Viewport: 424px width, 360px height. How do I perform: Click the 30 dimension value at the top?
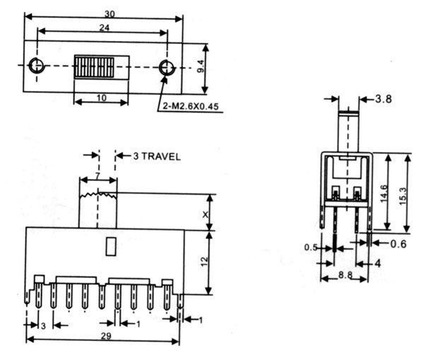110,14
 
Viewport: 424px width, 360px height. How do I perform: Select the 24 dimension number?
105,28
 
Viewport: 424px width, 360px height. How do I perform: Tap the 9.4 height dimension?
201,66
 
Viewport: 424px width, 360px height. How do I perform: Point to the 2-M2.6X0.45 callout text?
190,106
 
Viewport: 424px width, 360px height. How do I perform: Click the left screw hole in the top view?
36,65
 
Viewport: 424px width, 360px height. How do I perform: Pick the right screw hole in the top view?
166,67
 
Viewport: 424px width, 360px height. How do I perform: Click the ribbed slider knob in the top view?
94,66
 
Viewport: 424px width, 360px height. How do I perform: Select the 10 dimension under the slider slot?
101,98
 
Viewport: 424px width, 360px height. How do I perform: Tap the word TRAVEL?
160,156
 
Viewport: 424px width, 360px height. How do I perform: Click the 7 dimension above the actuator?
98,175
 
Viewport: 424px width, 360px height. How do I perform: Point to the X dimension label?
206,214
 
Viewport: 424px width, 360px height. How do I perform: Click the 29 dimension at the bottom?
106,336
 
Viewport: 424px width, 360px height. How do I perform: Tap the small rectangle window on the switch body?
111,246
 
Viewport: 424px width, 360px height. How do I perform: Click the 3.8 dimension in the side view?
383,99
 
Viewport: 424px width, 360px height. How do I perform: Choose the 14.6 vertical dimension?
384,193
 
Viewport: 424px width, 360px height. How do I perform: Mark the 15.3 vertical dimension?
402,196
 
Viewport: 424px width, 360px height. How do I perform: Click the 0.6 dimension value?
399,244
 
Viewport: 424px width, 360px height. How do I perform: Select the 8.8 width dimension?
346,275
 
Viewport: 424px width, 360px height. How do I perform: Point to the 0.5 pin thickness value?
311,247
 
